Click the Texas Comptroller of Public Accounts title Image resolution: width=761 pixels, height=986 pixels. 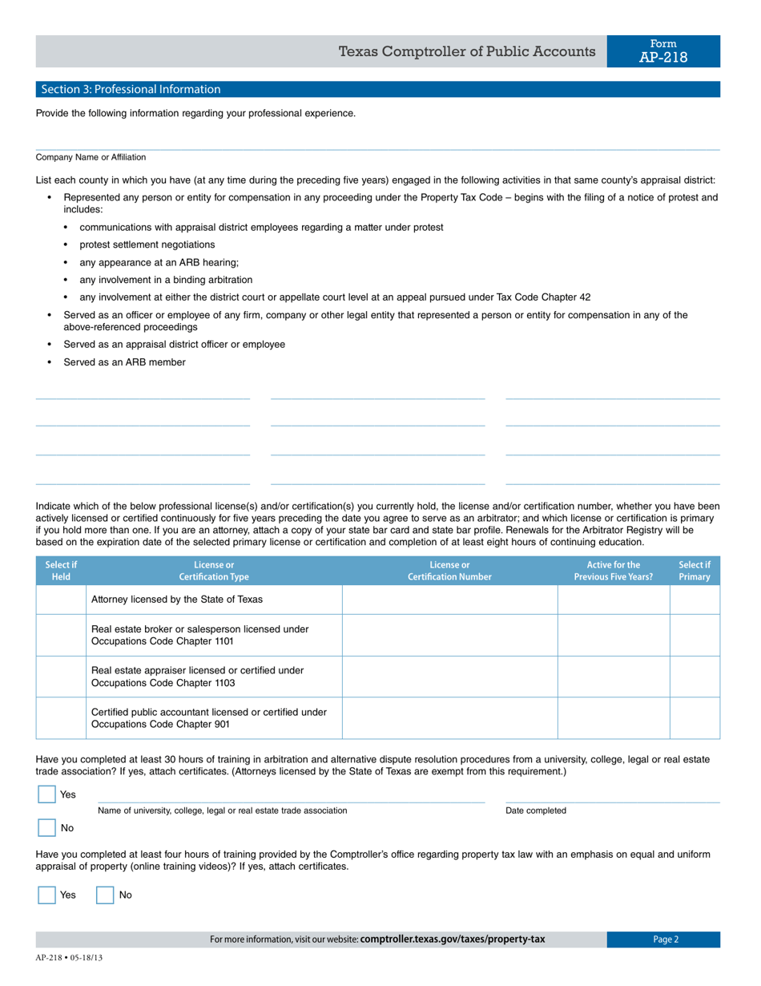[467, 52]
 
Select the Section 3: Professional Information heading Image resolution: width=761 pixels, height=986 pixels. [128, 89]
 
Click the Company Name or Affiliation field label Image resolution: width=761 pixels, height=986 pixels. [91, 157]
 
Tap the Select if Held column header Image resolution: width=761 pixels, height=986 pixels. [61, 571]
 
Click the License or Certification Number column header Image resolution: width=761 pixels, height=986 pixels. [449, 571]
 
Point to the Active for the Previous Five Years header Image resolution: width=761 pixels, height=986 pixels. [613, 571]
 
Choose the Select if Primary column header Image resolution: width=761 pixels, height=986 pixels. [694, 571]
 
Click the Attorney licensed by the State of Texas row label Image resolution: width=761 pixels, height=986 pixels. [177, 600]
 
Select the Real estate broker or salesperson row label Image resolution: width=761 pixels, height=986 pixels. [199, 635]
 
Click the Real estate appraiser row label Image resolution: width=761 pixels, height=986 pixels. [197, 676]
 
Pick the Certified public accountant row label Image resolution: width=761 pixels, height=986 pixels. [208, 717]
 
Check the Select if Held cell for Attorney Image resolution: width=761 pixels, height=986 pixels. [61, 600]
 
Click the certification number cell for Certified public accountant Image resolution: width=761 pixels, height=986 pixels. [449, 717]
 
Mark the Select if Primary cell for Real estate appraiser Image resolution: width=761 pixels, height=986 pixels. [694, 676]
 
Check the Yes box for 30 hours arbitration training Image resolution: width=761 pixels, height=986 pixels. [47, 794]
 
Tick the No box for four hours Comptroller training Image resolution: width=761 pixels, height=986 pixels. [105, 895]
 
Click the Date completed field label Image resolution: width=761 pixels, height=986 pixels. [535, 810]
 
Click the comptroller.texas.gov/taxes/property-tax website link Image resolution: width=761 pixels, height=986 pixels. [453, 940]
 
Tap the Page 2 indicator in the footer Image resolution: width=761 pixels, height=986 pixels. [665, 940]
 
